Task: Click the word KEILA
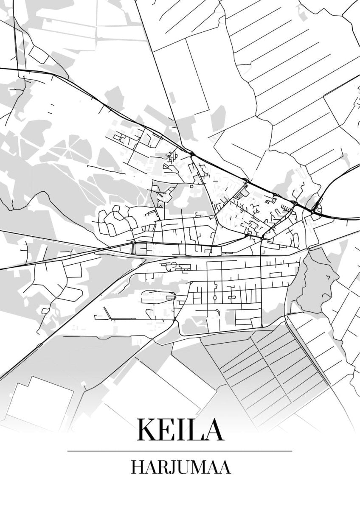tap(180, 430)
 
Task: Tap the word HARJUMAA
tap(180, 467)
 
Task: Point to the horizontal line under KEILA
tap(180, 450)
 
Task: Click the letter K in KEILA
tap(147, 430)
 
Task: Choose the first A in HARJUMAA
tap(150, 467)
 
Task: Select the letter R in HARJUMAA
tap(162, 467)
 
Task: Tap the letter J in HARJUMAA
tap(172, 467)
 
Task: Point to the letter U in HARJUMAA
tap(182, 467)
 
